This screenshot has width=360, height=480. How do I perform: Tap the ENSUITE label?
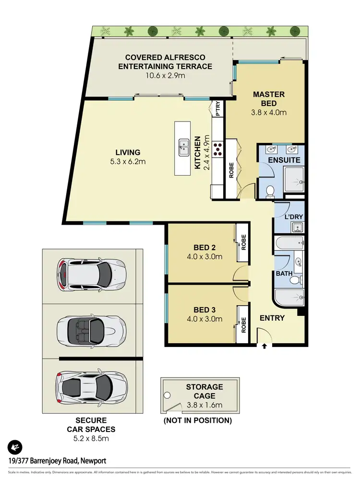pos(284,160)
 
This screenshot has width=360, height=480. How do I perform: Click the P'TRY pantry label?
pos(218,108)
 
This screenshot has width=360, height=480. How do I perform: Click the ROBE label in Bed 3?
pos(244,325)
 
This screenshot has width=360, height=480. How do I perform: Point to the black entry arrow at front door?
pos(264,345)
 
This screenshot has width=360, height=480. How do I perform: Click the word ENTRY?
pos(272,318)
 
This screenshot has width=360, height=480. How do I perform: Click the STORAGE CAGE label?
pos(204,391)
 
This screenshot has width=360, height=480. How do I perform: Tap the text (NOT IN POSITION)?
pos(198,420)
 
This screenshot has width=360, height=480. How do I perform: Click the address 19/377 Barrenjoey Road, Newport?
pos(57,461)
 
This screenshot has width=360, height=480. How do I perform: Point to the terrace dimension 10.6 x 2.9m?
pos(165,75)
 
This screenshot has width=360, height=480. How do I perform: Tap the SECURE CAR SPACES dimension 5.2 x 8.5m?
pos(91,438)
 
